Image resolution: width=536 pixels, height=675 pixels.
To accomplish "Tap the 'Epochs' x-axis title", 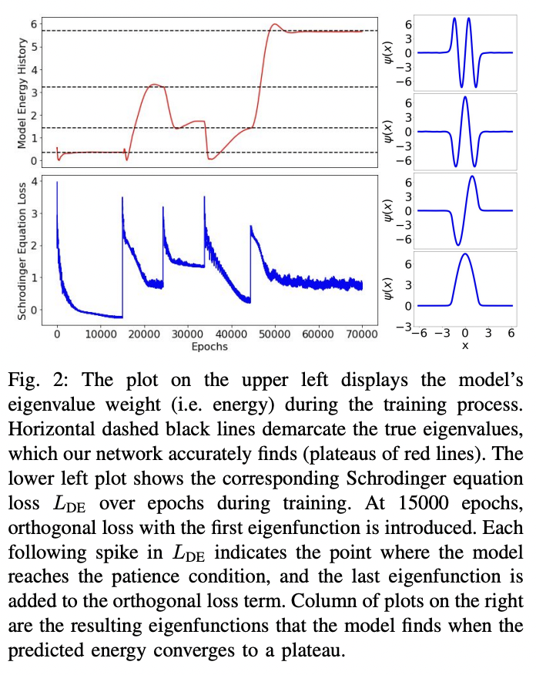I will click(x=210, y=346).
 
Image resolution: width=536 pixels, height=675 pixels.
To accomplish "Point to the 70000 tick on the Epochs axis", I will click(x=363, y=334).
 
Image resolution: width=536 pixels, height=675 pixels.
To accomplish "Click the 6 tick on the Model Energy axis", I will click(x=33, y=25).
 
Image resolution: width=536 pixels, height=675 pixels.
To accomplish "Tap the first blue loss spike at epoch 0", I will click(x=57, y=183).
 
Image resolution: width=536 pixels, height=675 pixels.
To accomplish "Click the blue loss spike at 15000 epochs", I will click(x=122, y=198).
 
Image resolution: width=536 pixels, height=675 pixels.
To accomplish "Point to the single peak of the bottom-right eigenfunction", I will click(x=464, y=254).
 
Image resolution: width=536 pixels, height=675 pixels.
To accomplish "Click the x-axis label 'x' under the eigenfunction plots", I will click(x=464, y=347).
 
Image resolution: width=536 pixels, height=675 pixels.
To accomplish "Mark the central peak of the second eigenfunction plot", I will click(x=464, y=97).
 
